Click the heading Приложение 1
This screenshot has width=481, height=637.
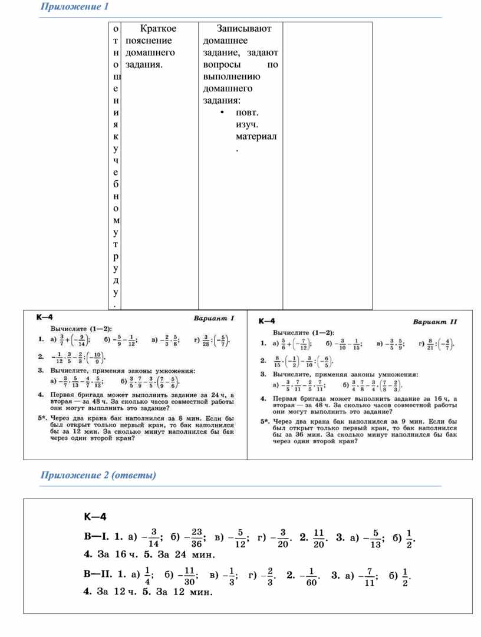(x=74, y=7)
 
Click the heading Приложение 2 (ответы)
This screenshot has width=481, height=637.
(x=98, y=476)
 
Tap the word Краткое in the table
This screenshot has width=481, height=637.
(x=158, y=28)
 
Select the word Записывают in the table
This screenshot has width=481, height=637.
(x=243, y=28)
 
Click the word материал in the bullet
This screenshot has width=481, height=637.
(x=256, y=137)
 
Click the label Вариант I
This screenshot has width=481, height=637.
(x=214, y=318)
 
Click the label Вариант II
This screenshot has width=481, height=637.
(x=435, y=322)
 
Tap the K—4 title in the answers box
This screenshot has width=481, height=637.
(x=95, y=517)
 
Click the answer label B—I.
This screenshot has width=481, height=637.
(x=96, y=537)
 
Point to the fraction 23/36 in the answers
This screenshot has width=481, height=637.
(x=197, y=537)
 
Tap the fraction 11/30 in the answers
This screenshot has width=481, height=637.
(x=189, y=575)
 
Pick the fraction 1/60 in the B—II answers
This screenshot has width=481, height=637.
(x=311, y=575)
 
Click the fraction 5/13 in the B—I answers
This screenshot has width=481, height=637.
(x=375, y=537)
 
